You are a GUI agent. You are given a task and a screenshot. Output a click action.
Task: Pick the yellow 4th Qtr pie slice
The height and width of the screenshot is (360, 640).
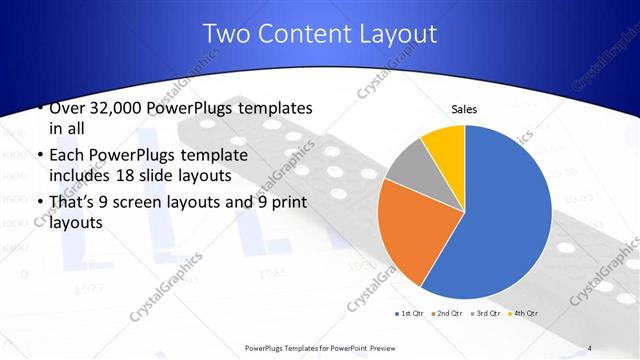point(444,146)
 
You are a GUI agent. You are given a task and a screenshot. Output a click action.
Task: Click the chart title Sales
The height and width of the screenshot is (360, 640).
point(463,109)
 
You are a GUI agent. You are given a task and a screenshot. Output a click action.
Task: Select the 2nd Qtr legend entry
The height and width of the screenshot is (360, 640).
point(447,315)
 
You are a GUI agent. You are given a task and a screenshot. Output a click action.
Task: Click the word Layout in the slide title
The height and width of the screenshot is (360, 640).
point(391,33)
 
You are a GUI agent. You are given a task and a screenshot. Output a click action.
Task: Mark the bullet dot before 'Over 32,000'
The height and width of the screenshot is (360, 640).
point(38,108)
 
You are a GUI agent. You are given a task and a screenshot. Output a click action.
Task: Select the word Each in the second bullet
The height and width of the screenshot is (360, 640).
point(66,155)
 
